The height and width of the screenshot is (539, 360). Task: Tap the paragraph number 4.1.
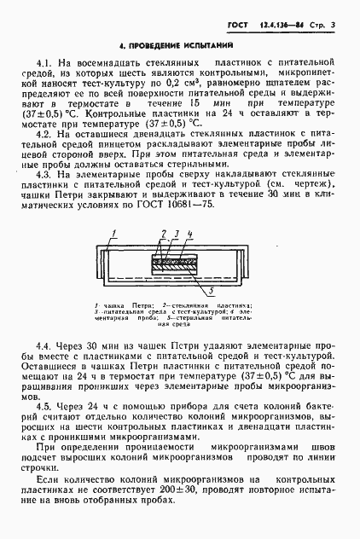[46, 63]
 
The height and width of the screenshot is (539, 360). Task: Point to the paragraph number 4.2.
[46, 134]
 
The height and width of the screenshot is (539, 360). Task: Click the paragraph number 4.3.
[46, 173]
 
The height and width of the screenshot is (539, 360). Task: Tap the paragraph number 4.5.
[46, 407]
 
